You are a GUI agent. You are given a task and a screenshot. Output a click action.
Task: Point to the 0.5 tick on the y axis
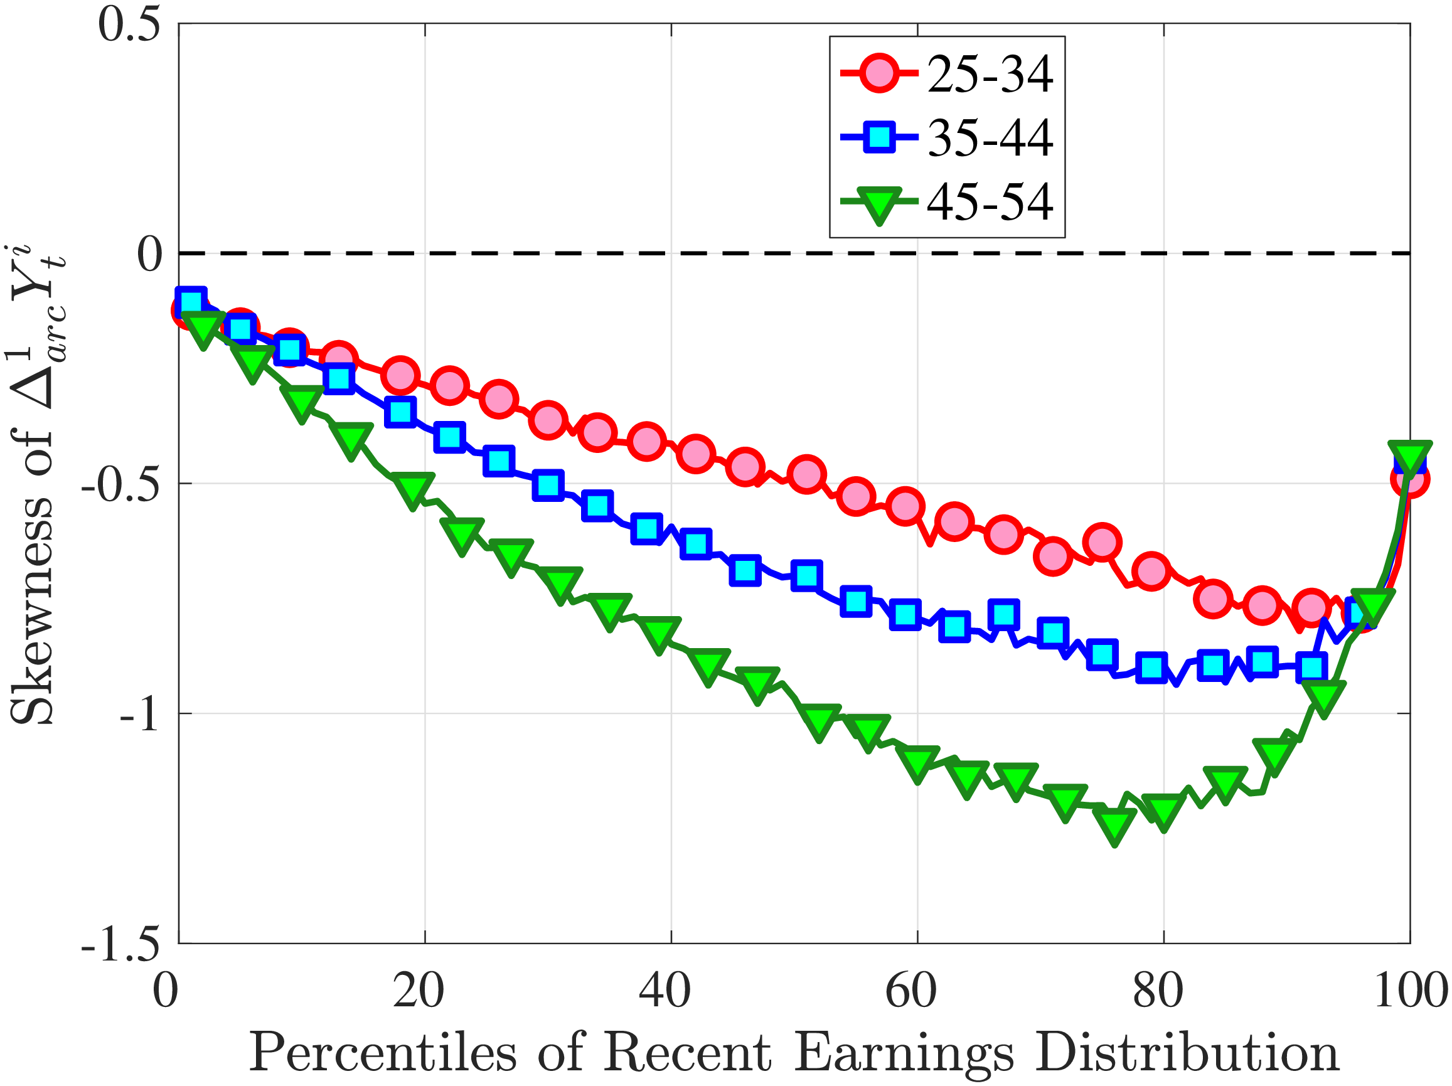coord(129,24)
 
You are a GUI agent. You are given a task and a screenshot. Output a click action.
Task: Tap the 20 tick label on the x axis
coord(418,991)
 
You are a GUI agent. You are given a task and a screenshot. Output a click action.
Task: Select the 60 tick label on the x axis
coord(911,991)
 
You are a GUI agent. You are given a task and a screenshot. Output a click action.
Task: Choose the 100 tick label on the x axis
coord(1410,991)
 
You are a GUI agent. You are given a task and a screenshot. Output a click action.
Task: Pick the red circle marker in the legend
coord(878,74)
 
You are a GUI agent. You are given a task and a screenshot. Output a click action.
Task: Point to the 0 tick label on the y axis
coord(150,255)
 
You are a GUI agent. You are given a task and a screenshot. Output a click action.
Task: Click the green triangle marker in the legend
coord(878,204)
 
